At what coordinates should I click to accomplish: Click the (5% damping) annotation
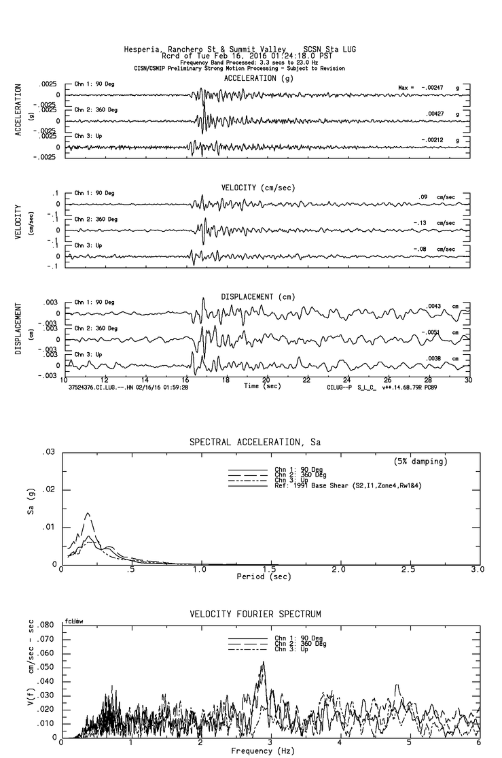(x=420, y=462)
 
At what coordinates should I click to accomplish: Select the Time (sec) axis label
(x=264, y=385)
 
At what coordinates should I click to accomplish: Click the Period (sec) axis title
(x=264, y=576)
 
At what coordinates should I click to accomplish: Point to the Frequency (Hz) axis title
(x=264, y=751)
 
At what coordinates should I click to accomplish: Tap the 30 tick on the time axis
(x=468, y=380)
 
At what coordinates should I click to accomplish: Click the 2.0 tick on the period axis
(x=339, y=569)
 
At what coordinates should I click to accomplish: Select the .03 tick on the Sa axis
(x=48, y=452)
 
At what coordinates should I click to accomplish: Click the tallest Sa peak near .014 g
(x=88, y=513)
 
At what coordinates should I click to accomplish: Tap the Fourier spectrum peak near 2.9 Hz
(x=263, y=662)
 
